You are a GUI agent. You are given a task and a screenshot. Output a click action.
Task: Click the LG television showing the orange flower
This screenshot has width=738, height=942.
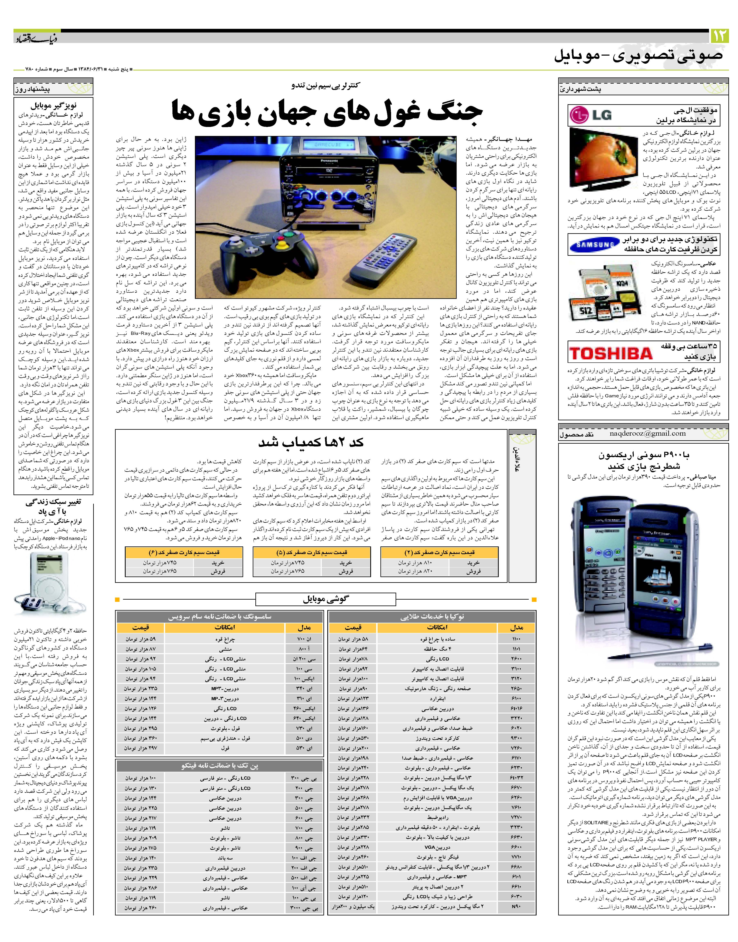point(604,158)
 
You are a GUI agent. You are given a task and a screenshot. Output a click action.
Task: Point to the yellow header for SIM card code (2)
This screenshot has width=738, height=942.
point(439,552)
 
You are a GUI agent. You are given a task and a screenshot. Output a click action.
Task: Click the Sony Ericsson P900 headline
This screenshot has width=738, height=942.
point(644,460)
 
